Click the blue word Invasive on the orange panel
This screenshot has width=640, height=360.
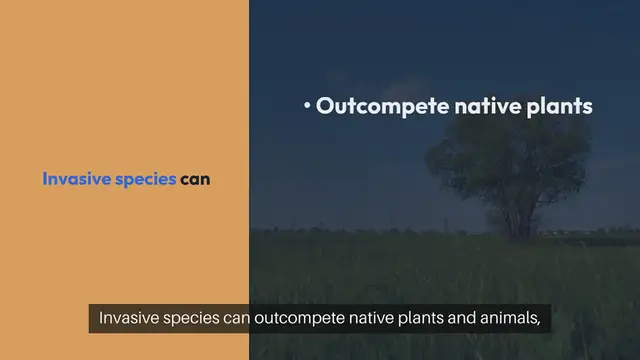[72, 180]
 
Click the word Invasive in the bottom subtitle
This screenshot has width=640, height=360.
[129, 320]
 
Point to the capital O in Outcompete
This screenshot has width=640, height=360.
[325, 106]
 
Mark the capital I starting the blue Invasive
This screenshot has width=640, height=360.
[45, 180]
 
